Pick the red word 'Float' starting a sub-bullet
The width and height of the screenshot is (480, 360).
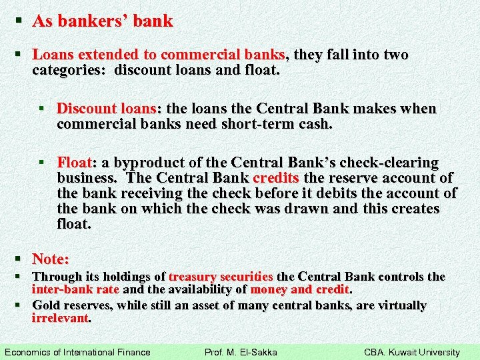click(75, 163)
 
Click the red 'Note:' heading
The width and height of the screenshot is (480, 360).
click(51, 259)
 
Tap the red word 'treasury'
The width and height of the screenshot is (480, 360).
click(193, 276)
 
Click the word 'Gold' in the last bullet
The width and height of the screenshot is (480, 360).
click(46, 305)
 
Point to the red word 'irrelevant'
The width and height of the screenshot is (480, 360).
click(60, 319)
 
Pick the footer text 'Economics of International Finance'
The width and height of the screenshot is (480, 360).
click(77, 352)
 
